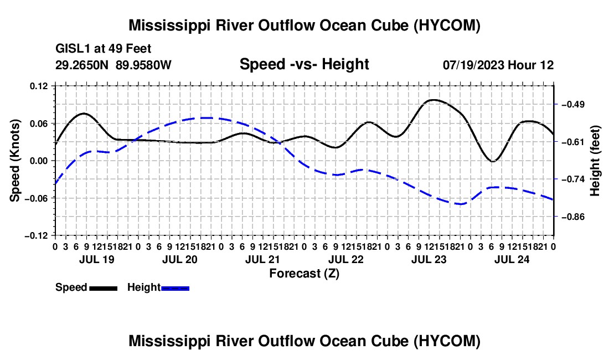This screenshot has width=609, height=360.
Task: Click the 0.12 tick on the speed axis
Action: click(x=39, y=86)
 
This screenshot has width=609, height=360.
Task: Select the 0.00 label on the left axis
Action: click(x=39, y=161)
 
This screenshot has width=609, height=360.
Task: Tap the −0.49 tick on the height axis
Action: click(x=573, y=105)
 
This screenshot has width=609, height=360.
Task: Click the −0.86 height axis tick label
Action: click(x=573, y=217)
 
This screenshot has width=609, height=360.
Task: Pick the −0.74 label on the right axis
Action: click(x=573, y=179)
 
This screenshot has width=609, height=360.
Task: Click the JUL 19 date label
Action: click(x=97, y=259)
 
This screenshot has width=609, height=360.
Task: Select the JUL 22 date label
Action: click(x=346, y=259)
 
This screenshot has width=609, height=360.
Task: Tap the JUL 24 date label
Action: click(x=512, y=259)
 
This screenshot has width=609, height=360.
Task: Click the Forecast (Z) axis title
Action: click(x=304, y=274)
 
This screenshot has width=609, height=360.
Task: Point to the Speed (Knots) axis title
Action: click(x=15, y=161)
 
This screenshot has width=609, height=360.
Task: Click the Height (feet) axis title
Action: click(x=595, y=161)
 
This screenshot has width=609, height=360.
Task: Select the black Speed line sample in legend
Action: click(x=104, y=288)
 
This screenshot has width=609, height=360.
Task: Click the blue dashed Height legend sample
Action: click(x=175, y=288)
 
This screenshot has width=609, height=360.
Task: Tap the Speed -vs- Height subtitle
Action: click(x=304, y=64)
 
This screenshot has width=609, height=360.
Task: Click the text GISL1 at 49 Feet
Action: click(x=104, y=49)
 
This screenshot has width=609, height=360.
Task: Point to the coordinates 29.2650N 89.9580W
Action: click(x=113, y=64)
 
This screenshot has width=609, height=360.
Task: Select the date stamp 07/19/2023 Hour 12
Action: click(x=498, y=65)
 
